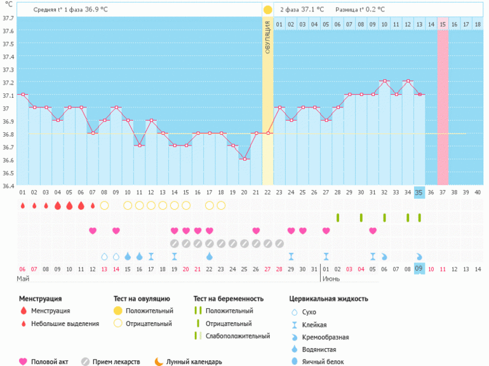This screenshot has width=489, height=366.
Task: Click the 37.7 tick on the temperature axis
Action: (8, 17)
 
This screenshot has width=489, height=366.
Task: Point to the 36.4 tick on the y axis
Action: (8, 186)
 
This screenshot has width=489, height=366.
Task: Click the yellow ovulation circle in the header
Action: (267, 10)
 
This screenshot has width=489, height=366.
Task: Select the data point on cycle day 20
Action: (244, 159)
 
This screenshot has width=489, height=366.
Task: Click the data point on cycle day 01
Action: (23, 95)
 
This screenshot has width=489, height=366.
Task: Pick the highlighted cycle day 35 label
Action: (419, 193)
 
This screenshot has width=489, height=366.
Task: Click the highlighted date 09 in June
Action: (419, 269)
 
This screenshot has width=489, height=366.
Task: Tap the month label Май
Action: (23, 279)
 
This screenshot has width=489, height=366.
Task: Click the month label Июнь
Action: (331, 279)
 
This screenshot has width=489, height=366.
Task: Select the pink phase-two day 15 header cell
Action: (443, 24)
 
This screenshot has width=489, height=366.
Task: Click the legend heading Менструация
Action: (40, 299)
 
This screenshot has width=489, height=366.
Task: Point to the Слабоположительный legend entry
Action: (234, 336)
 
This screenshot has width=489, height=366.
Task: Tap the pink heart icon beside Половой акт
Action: (23, 362)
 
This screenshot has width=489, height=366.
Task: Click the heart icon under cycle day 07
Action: (93, 230)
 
